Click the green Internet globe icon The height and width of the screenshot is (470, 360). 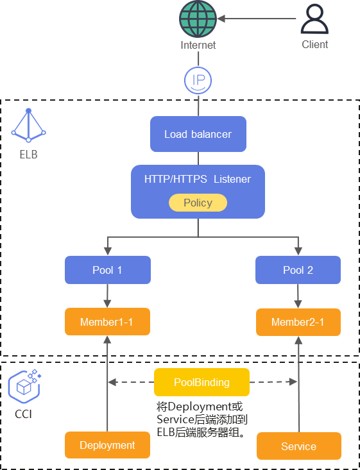click(198, 19)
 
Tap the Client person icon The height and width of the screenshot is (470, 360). click(314, 19)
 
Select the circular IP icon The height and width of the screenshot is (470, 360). click(198, 80)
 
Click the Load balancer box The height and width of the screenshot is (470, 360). click(198, 134)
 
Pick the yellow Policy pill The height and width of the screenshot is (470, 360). click(198, 203)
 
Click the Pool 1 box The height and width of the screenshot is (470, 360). click(107, 270)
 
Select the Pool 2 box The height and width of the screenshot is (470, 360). click(298, 270)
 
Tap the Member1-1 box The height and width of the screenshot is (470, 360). click(107, 322)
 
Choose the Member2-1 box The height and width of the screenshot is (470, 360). click(298, 322)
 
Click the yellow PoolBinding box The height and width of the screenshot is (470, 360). click(201, 382)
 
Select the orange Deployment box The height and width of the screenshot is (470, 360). click(107, 445)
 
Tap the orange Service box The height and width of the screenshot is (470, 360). click(299, 446)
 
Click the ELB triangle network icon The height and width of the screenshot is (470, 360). click(28, 125)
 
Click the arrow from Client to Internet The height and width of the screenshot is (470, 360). click(257, 19)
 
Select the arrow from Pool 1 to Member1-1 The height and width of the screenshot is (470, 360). click(107, 296)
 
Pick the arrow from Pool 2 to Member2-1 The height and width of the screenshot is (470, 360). click(298, 296)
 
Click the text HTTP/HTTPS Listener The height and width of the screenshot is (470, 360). click(198, 179)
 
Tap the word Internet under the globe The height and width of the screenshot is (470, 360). click(198, 45)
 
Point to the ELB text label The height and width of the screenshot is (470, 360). click(28, 155)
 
